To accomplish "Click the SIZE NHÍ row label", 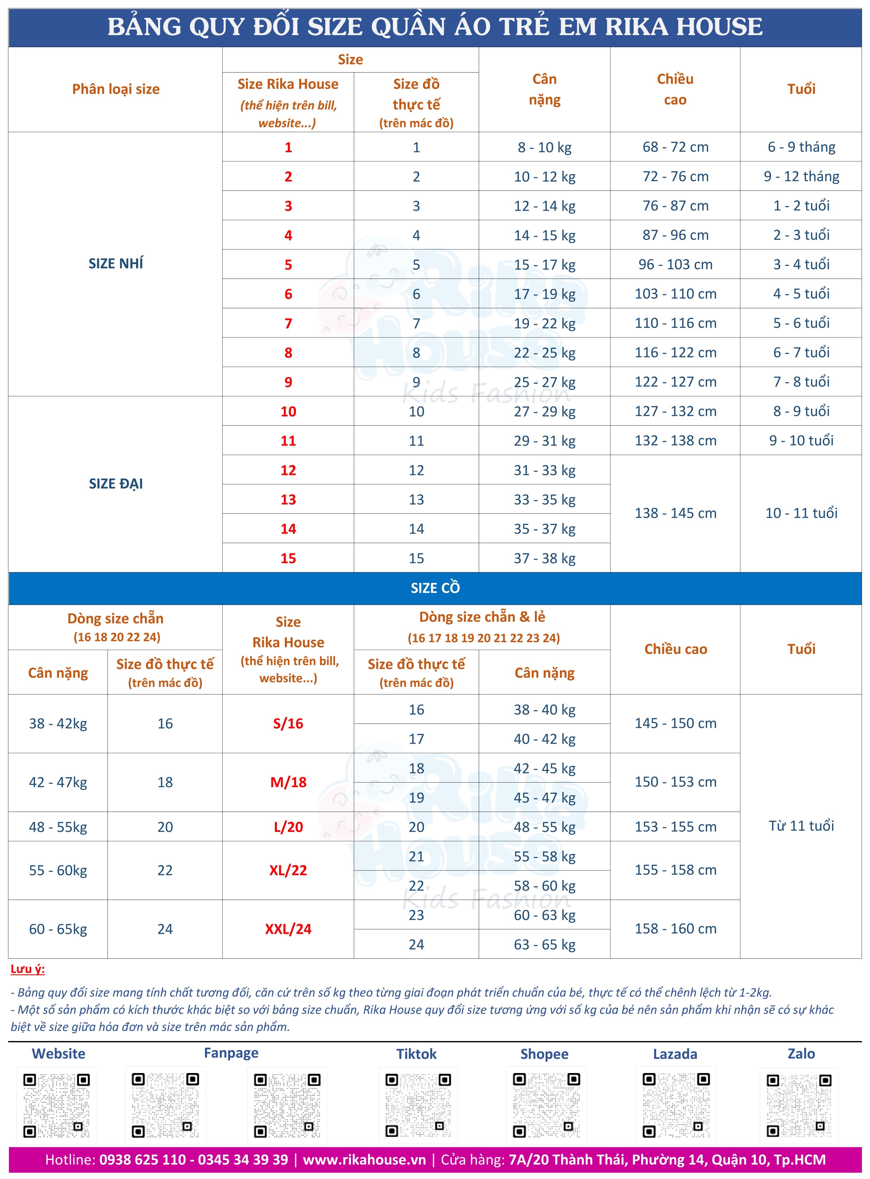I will (116, 263).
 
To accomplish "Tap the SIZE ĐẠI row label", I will (116, 483).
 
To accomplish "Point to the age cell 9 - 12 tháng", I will (801, 176).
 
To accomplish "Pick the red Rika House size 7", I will (288, 323).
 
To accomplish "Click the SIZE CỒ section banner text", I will (435, 588).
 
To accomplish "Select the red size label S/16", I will (288, 724).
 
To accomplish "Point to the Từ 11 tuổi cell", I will (801, 826).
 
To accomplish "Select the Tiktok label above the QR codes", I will (416, 1054).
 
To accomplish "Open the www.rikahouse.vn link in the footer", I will (364, 1159).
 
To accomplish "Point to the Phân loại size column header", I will (116, 89).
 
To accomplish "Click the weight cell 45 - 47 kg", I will (545, 798).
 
